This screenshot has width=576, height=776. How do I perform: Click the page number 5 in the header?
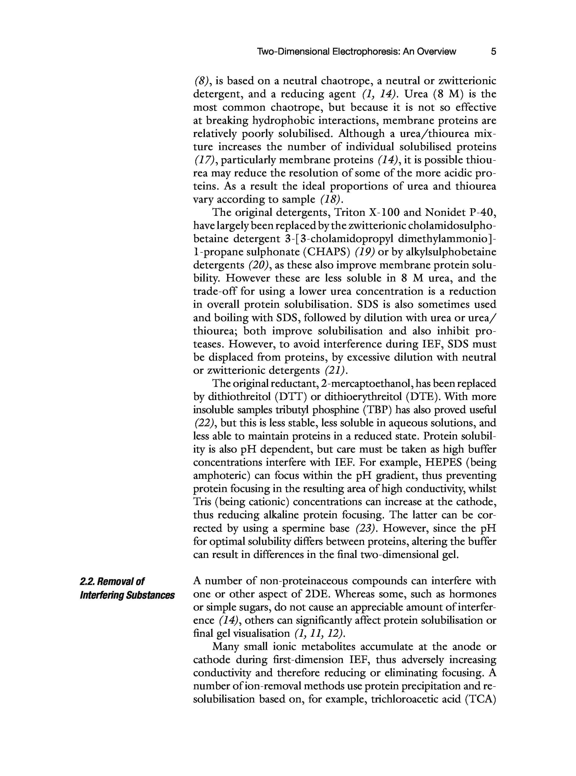pos(493,52)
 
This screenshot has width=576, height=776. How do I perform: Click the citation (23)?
pos(366,528)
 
